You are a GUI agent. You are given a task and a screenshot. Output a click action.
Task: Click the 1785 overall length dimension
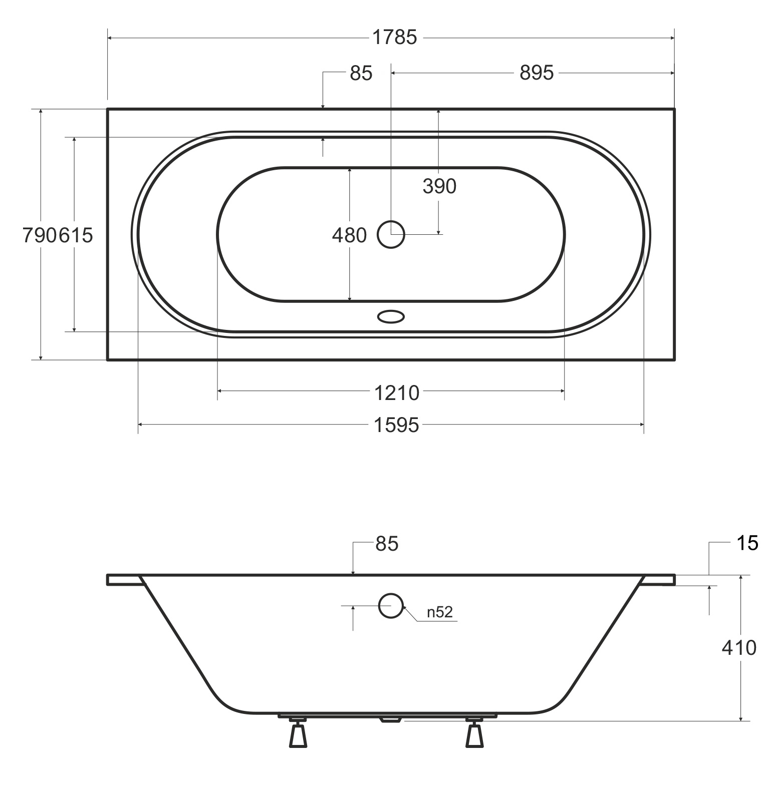(394, 38)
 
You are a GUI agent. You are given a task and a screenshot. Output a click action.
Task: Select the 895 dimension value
(537, 73)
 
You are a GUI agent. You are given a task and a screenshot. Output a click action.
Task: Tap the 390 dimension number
(439, 186)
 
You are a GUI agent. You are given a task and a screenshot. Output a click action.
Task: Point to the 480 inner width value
(349, 235)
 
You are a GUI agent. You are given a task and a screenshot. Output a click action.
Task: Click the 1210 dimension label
(396, 393)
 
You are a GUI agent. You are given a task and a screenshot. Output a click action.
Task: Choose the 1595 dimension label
(396, 425)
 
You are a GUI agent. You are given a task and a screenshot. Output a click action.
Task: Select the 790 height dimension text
(40, 235)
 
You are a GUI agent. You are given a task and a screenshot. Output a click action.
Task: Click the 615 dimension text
(76, 235)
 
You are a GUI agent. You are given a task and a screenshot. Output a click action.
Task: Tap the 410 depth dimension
(739, 648)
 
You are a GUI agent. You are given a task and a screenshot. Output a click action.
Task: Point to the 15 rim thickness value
(747, 543)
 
